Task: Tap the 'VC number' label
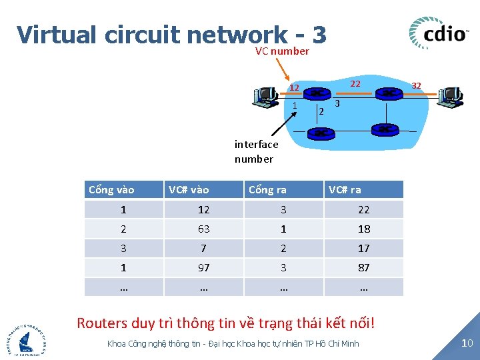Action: click(x=282, y=51)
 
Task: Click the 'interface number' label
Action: click(x=256, y=151)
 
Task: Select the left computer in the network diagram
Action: click(x=265, y=97)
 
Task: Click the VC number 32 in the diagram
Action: click(x=416, y=85)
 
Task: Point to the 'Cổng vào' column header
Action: click(x=111, y=190)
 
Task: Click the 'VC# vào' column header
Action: click(x=189, y=190)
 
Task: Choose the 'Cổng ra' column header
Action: click(x=267, y=190)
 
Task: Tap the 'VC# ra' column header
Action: click(x=345, y=190)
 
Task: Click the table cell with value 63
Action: click(x=203, y=229)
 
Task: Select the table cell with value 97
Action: click(x=203, y=267)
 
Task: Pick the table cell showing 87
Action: click(x=363, y=267)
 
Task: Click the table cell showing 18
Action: click(x=363, y=229)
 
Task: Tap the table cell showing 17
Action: click(x=363, y=248)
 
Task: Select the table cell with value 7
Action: click(x=203, y=248)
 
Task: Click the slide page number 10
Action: click(x=467, y=343)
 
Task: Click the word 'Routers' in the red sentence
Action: click(x=101, y=323)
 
